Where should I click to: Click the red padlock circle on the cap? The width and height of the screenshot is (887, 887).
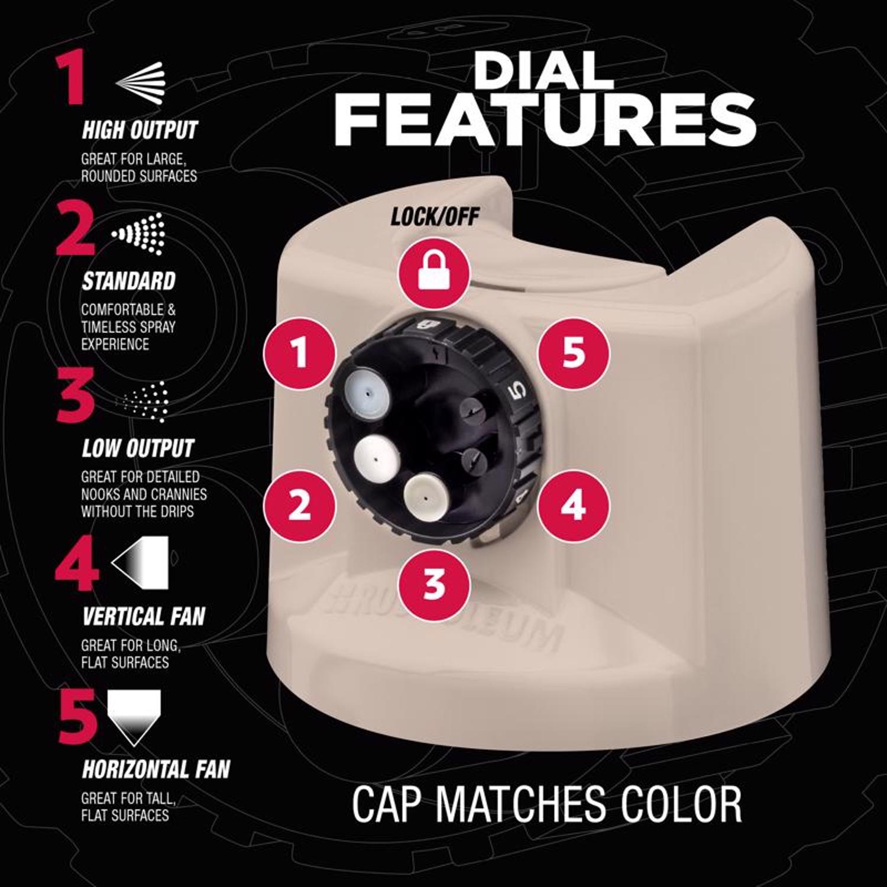click(435, 272)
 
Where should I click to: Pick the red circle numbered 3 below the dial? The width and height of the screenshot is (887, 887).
click(435, 583)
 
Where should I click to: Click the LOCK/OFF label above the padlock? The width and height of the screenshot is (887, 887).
click(435, 217)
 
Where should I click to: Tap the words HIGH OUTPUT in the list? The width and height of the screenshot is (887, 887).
click(140, 130)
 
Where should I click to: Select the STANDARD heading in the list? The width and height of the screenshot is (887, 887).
click(128, 281)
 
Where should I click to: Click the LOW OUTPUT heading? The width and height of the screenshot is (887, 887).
click(138, 448)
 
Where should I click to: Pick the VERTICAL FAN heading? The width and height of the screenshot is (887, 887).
click(143, 617)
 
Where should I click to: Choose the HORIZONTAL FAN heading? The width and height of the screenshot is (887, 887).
click(156, 769)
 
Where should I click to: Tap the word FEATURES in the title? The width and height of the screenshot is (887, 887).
click(545, 121)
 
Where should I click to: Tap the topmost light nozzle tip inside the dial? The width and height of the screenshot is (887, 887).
click(368, 391)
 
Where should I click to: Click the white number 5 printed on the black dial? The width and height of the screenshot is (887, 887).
click(517, 391)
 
